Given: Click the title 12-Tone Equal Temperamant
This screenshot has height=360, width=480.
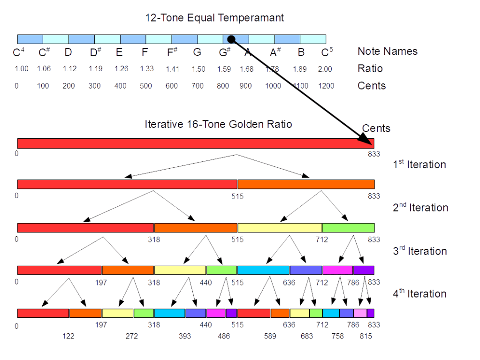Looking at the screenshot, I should click(x=214, y=18).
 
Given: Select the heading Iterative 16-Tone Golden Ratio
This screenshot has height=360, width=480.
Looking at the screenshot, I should click(x=218, y=124).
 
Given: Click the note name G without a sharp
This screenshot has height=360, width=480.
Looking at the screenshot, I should click(x=197, y=52).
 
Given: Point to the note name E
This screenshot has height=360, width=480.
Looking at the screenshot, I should click(x=119, y=52).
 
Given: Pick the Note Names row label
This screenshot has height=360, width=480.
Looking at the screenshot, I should click(x=387, y=52).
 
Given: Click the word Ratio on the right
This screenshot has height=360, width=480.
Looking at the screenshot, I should click(x=370, y=69).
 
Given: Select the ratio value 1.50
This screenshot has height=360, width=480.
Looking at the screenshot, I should click(x=198, y=69).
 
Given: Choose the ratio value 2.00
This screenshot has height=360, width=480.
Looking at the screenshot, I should click(x=325, y=69).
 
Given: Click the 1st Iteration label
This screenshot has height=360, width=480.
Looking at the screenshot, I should click(x=419, y=165).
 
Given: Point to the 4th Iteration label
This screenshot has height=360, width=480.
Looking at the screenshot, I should click(x=419, y=294).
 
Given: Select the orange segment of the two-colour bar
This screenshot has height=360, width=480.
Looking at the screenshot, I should click(x=306, y=184).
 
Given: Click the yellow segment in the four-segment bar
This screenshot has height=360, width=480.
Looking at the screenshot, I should click(x=280, y=228).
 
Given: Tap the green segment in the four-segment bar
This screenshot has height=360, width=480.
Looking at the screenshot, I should click(x=348, y=228).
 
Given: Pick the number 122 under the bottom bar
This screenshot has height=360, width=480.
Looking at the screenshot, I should click(x=68, y=336).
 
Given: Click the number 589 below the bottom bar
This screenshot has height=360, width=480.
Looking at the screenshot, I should click(x=270, y=336).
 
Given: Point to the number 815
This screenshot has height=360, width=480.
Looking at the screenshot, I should click(x=366, y=336).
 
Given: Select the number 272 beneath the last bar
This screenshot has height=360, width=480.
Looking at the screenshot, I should click(x=132, y=336).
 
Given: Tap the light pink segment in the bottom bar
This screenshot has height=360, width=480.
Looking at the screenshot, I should click(x=360, y=313).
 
